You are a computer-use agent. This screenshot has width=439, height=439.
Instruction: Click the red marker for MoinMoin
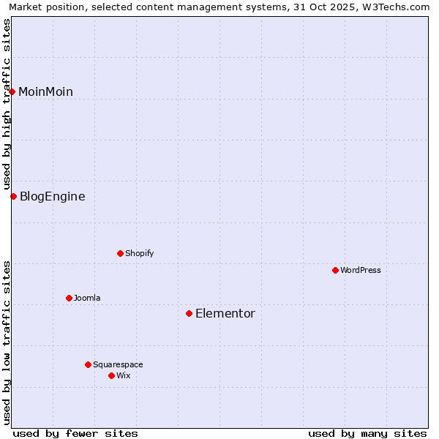[x=12, y=91]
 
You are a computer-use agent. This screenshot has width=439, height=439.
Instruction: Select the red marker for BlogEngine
[x=13, y=196]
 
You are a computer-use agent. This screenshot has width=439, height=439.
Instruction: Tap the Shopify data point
[x=120, y=253]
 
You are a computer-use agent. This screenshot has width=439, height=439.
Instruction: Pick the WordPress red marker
[x=335, y=270]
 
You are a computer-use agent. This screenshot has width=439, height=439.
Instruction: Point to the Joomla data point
[x=69, y=298]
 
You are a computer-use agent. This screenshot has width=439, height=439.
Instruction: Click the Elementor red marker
[x=189, y=313]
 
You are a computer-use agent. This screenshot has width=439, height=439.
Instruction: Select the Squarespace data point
[x=88, y=364]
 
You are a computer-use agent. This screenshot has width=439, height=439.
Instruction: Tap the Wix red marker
[x=111, y=375]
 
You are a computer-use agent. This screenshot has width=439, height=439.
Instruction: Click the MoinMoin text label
[x=45, y=91]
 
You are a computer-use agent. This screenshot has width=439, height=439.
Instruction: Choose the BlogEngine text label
[x=52, y=196]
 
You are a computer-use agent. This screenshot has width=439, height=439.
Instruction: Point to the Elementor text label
[x=225, y=313]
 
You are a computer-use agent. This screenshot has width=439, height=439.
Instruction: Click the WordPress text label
[x=360, y=270]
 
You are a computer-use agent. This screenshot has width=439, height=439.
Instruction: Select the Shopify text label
[x=139, y=253]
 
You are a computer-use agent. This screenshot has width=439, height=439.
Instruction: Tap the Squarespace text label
[x=118, y=364]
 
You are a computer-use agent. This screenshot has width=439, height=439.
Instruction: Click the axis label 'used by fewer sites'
[x=75, y=433]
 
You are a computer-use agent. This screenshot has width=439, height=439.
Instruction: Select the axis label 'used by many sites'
[x=367, y=433]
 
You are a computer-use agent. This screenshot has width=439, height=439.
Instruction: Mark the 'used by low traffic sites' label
[x=7, y=341]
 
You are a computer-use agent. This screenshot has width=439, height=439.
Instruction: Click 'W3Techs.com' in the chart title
[x=398, y=7]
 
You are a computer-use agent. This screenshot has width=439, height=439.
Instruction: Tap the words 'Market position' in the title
[x=42, y=7]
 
